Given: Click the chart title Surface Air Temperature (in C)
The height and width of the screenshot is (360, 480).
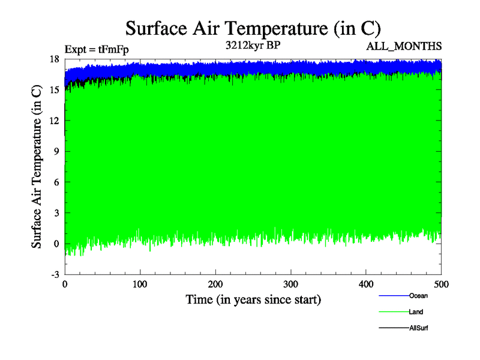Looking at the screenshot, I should (x=253, y=28).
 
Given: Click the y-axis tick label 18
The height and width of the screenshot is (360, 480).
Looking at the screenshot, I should (x=54, y=59).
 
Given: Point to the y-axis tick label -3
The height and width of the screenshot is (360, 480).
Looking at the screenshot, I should (x=55, y=274).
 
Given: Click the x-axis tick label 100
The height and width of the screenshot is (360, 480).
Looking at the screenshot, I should (x=140, y=284).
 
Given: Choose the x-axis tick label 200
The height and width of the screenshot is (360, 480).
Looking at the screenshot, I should (x=216, y=284).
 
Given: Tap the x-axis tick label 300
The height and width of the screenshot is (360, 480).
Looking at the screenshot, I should (x=291, y=284).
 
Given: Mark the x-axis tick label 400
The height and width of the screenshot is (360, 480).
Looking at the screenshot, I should (x=367, y=284).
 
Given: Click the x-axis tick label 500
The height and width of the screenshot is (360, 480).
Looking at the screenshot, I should (x=441, y=284).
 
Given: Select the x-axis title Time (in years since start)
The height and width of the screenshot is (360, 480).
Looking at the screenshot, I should (x=253, y=299).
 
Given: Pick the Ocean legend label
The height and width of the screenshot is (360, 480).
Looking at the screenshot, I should (x=418, y=296).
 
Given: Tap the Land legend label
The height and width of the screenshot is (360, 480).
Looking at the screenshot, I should (x=416, y=312).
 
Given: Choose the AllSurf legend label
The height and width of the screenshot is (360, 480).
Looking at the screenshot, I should (x=419, y=328).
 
